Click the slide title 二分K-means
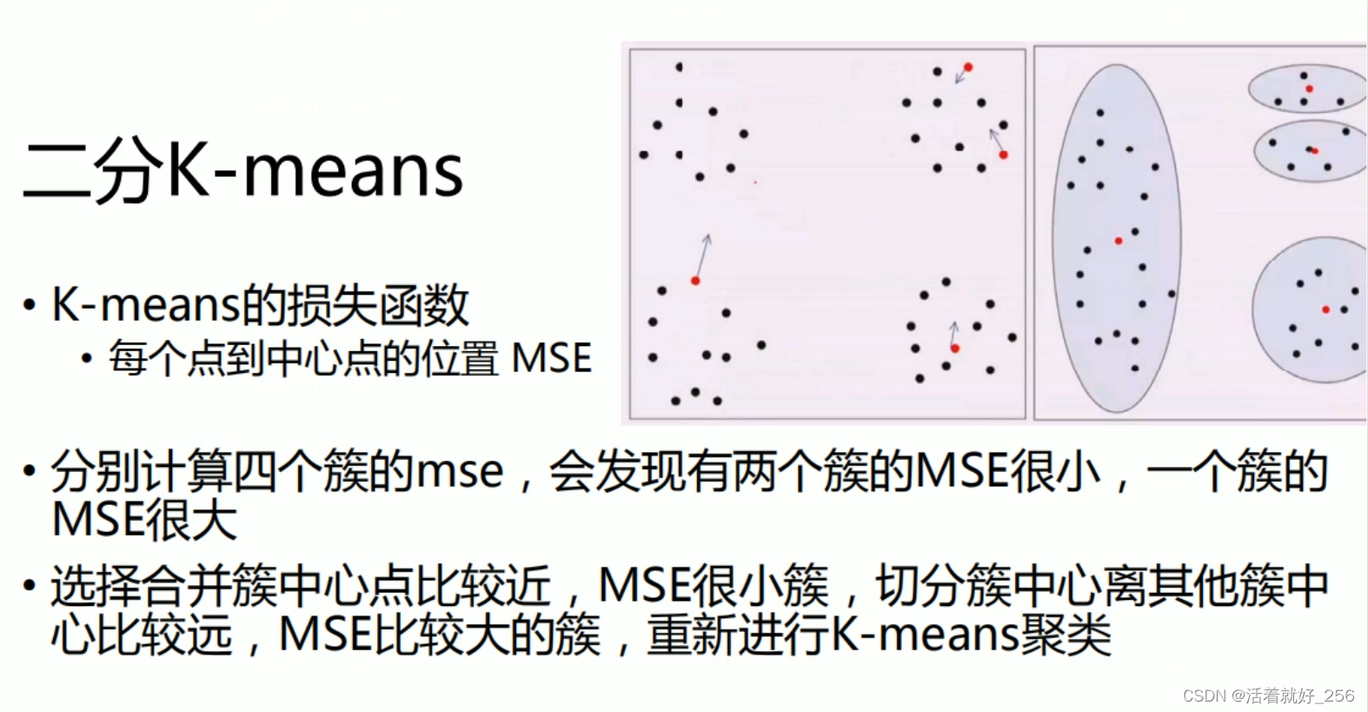point(243,170)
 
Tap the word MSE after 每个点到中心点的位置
point(552,358)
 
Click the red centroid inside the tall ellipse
point(1119,241)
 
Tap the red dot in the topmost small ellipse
point(1309,89)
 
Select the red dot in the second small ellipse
point(1315,151)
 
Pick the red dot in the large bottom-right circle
point(1325,309)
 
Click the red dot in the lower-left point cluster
point(695,281)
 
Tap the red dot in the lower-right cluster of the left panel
point(955,349)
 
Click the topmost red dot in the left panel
point(968,67)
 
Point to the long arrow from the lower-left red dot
point(702,256)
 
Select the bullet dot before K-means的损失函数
point(30,306)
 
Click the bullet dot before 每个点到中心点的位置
point(86,358)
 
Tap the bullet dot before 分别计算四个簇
point(30,472)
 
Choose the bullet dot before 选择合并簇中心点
point(30,585)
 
